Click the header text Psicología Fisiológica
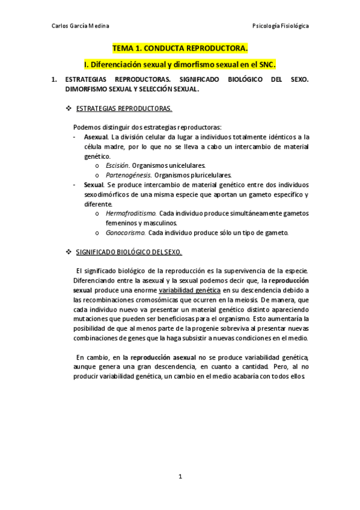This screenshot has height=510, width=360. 281,26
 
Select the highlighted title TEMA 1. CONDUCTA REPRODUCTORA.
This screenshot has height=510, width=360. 180,48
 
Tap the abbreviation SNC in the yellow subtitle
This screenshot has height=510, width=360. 265,63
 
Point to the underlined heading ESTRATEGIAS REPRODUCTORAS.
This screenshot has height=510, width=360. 124,108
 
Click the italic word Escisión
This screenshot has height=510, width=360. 117,165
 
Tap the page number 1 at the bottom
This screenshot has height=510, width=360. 180,477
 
